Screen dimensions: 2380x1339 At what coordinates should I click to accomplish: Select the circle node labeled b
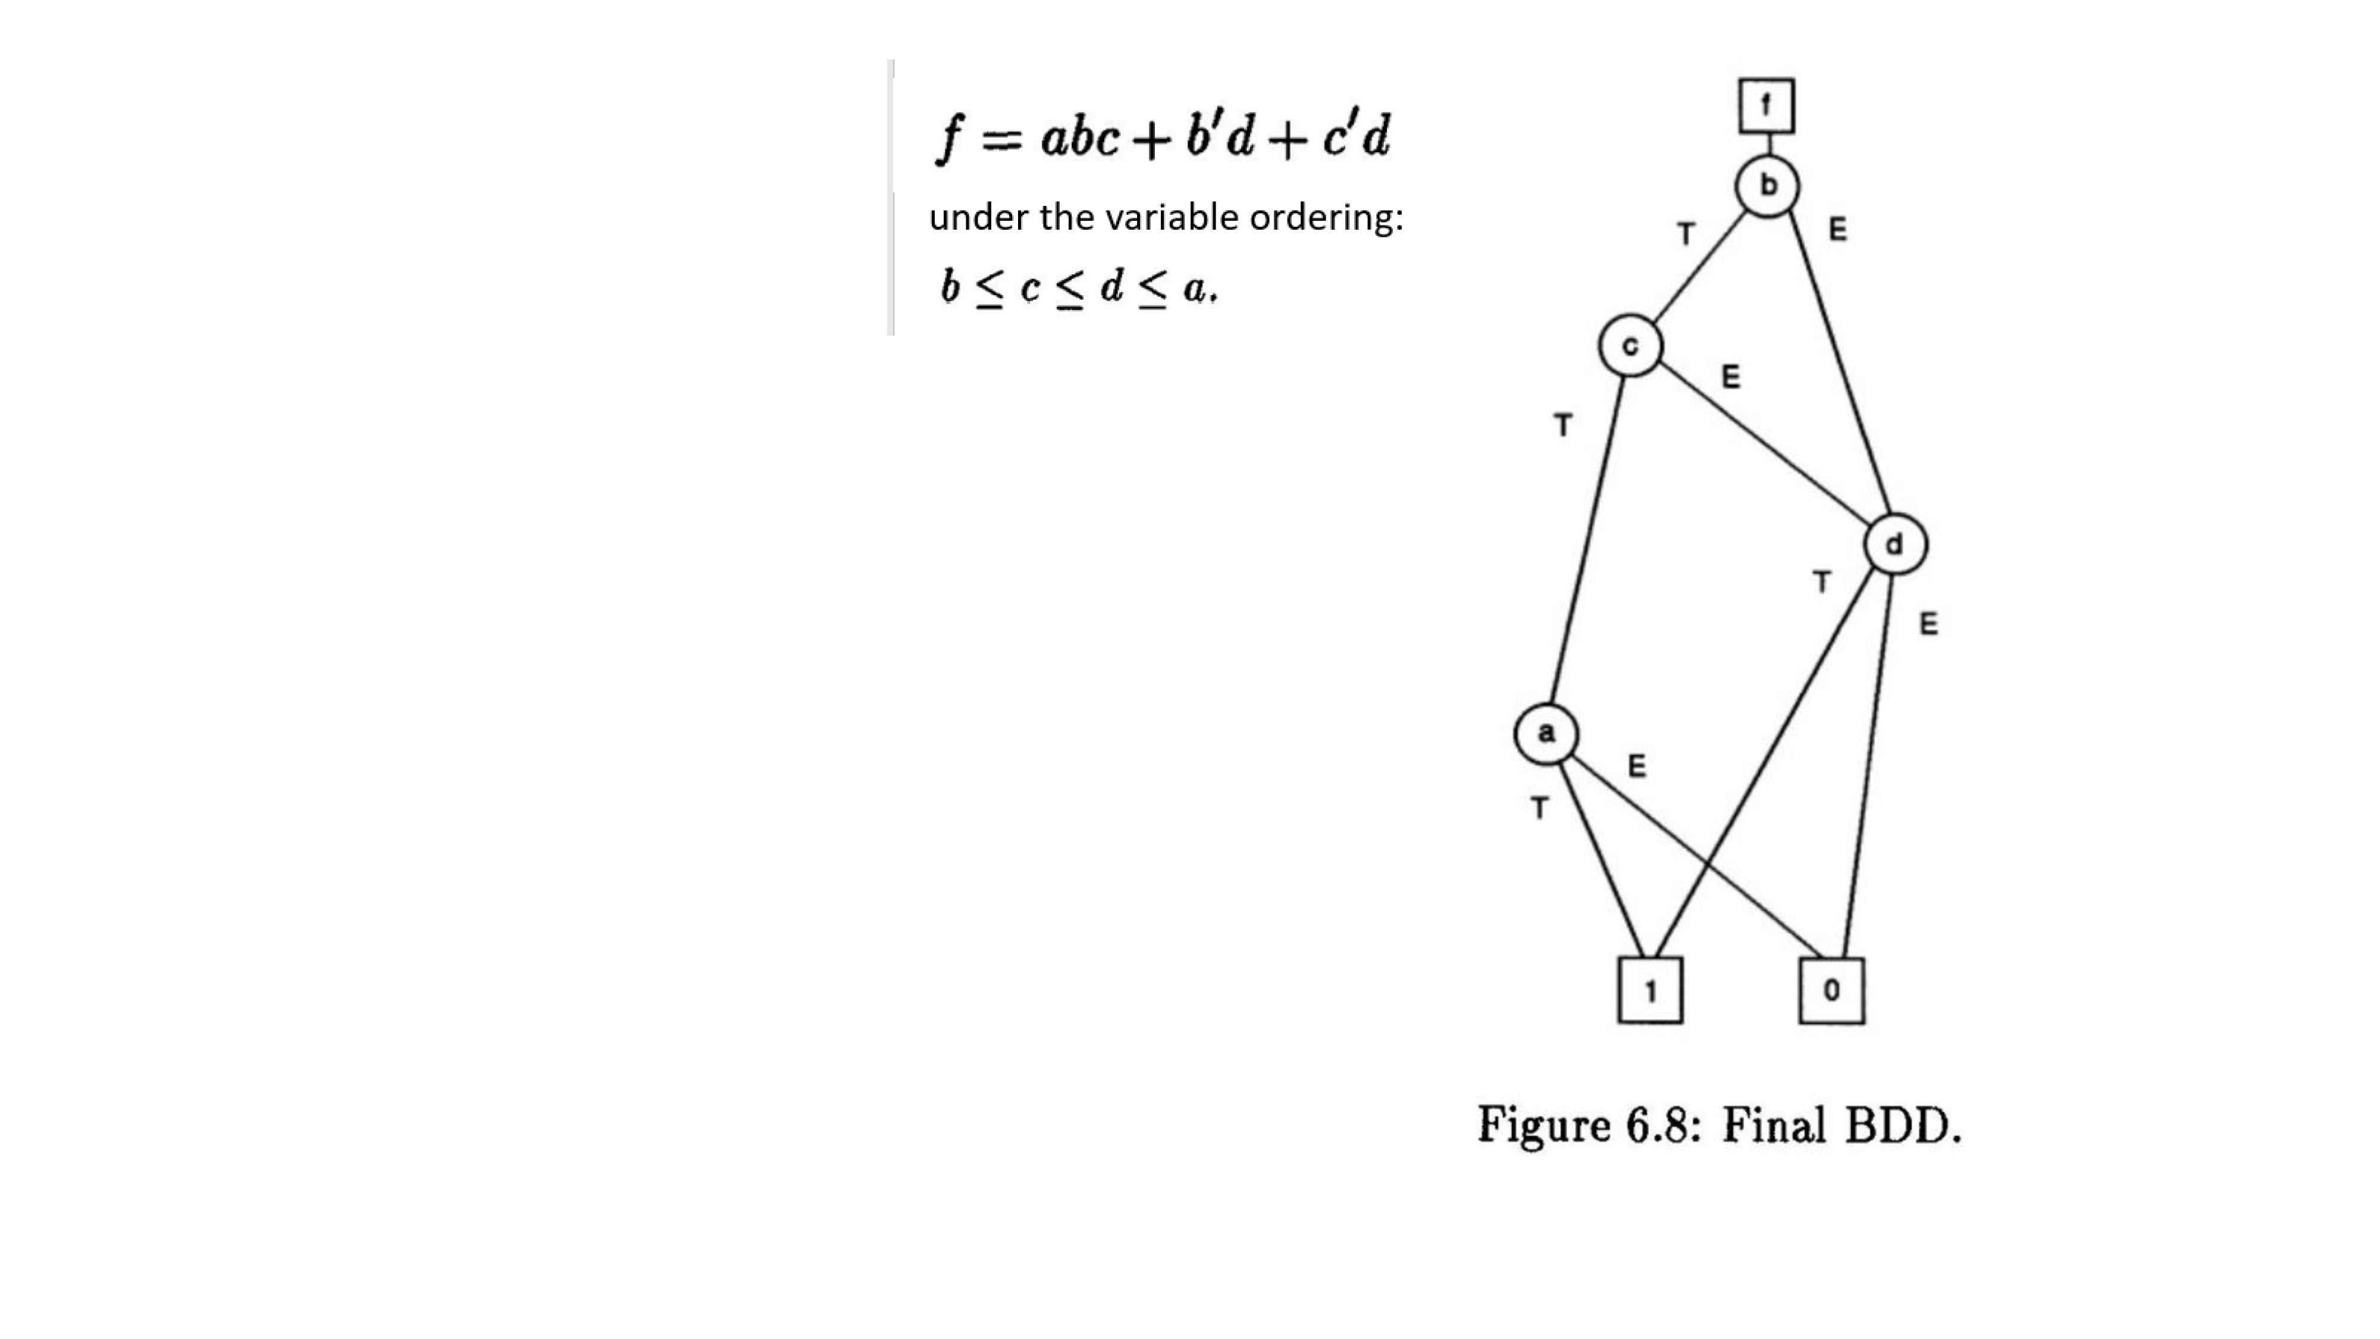click(x=1767, y=186)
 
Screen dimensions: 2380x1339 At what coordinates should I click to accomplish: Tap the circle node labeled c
click(x=1631, y=346)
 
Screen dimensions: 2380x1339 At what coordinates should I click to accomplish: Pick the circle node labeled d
click(x=1895, y=545)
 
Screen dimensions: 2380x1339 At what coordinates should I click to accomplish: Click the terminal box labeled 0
click(x=1832, y=991)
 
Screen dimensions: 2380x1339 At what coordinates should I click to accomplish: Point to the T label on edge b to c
click(x=1686, y=234)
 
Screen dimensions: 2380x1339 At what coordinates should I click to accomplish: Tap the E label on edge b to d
click(x=1838, y=229)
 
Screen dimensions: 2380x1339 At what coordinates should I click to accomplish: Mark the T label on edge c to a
click(x=1562, y=425)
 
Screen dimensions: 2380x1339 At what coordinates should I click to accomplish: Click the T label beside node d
click(x=1821, y=582)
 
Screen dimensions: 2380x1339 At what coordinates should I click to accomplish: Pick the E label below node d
click(x=1928, y=624)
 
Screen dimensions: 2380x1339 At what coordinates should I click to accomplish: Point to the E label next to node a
click(x=1636, y=766)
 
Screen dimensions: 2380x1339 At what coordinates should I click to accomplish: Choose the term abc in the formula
click(x=1080, y=137)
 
